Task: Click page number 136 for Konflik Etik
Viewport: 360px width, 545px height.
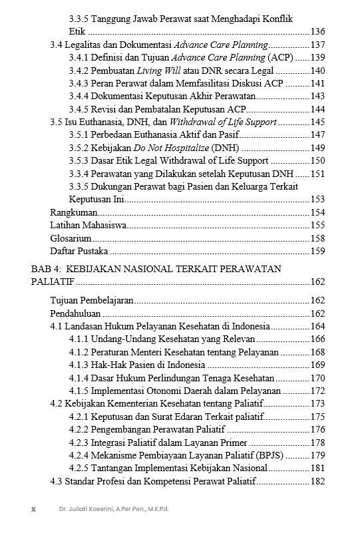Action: tap(317, 32)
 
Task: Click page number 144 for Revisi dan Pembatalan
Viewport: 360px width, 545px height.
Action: tap(317, 109)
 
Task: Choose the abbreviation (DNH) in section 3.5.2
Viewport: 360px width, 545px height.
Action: tap(225, 148)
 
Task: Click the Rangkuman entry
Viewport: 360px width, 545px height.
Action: tap(74, 212)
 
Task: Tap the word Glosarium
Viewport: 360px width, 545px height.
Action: tap(71, 238)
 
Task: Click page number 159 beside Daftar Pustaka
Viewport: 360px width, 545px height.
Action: tap(317, 251)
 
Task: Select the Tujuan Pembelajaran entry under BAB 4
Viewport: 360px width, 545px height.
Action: tap(92, 301)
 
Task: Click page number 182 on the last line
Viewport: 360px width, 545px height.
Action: tap(317, 481)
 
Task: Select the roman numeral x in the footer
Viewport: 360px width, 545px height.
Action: tap(33, 509)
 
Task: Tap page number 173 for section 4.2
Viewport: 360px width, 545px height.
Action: tap(317, 403)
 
